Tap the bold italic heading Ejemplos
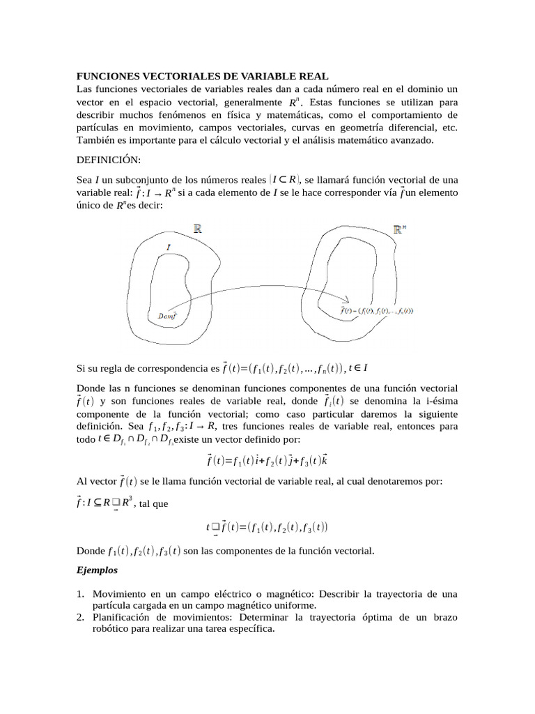point(97,570)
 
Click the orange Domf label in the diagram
point(168,315)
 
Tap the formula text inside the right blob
point(376,310)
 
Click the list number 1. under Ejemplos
point(80,594)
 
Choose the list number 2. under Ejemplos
point(80,618)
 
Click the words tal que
point(154,504)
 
